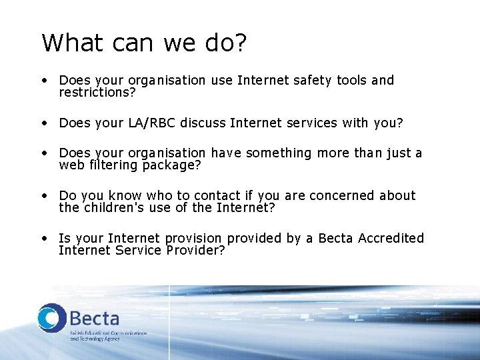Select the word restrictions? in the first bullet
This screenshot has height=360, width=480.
[97, 93]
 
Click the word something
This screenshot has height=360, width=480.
[279, 153]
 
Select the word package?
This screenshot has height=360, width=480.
[171, 165]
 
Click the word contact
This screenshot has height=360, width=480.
[220, 196]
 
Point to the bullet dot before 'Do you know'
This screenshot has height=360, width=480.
[43, 196]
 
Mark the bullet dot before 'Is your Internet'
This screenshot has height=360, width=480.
[43, 239]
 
